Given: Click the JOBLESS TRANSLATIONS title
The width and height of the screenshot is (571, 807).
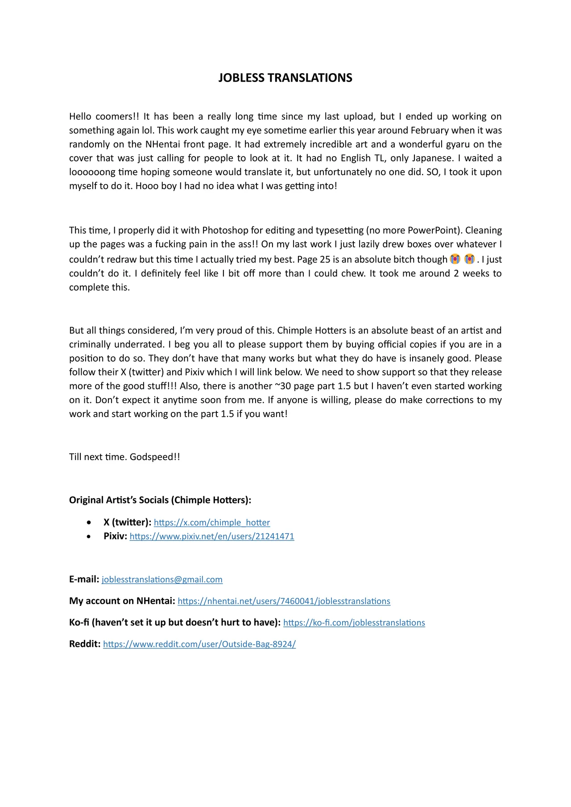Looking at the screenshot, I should tap(285, 78).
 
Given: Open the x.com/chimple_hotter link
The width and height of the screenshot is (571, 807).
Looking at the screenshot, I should tap(212, 523).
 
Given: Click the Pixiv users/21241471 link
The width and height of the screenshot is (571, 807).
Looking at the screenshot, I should tap(212, 536).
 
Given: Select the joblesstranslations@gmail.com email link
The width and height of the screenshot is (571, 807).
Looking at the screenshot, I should tap(162, 580).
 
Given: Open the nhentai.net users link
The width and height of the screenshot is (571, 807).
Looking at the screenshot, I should tap(284, 601).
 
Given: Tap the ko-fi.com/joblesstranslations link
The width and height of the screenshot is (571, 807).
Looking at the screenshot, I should tap(354, 622).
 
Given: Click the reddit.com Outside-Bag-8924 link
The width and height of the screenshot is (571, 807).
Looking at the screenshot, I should tap(199, 644).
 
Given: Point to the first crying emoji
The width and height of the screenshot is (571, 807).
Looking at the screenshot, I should tap(455, 259).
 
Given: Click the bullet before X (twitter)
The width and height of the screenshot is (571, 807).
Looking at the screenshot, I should tap(90, 523).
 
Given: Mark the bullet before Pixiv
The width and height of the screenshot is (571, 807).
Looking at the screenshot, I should tap(90, 536).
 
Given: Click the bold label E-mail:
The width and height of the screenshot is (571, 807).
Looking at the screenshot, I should tap(84, 580).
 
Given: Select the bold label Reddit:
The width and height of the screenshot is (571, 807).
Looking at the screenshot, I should tap(85, 644).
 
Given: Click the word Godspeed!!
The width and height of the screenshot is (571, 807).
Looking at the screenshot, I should tap(155, 457).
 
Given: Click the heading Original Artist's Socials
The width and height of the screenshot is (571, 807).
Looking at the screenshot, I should tap(160, 500).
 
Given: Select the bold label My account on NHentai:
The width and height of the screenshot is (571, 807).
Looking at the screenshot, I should tap(122, 601).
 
